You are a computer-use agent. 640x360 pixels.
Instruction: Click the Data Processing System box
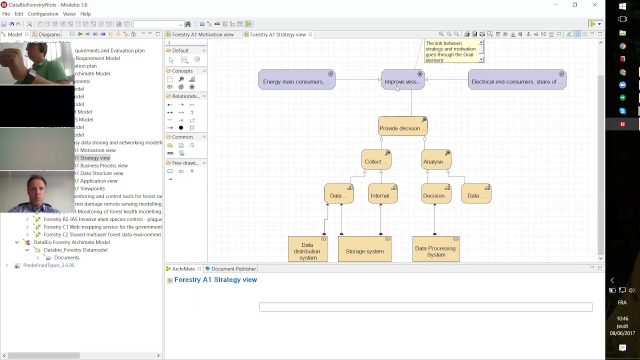coord(435,251)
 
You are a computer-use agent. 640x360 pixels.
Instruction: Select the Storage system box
coord(364,251)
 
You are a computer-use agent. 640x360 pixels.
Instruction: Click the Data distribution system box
coord(307,251)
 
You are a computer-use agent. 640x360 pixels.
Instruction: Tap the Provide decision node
coord(402,128)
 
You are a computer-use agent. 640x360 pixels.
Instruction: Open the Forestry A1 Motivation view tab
coord(202,34)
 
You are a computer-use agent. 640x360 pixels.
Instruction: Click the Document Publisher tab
coord(233,269)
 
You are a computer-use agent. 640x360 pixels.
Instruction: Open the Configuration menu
coord(43,14)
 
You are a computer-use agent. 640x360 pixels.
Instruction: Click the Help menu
coord(85,14)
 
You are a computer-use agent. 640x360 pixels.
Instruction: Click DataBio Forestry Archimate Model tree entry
coord(71,242)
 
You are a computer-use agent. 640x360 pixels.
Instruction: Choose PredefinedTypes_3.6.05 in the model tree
coord(48,265)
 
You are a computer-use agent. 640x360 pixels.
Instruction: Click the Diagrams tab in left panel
coord(49,34)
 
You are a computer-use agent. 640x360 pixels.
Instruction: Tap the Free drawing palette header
coord(185,163)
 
